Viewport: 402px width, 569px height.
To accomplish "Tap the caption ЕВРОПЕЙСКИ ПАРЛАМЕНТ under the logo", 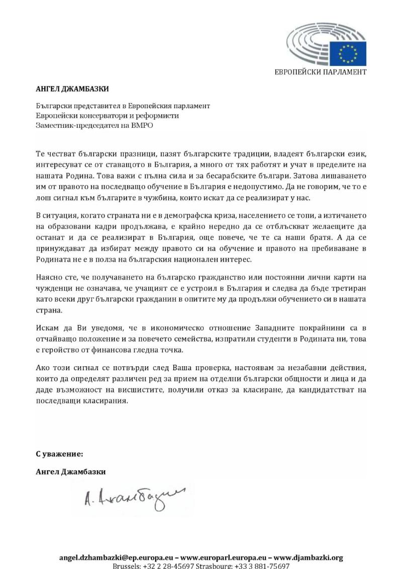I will pos(320,72).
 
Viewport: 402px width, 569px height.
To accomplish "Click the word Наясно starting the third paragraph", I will pos(49,277).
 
